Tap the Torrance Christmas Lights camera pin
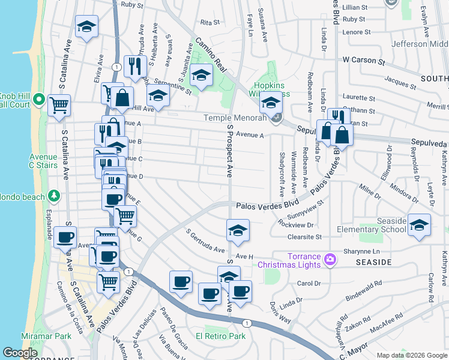point(329,260)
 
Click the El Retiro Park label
point(220,336)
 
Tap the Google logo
point(20,353)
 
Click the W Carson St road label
point(363,61)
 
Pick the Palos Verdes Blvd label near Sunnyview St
point(267,206)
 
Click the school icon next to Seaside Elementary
point(420,225)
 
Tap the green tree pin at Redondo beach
point(54,196)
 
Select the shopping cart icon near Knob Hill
point(59,106)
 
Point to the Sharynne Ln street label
point(362,251)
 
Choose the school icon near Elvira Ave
point(87,26)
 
